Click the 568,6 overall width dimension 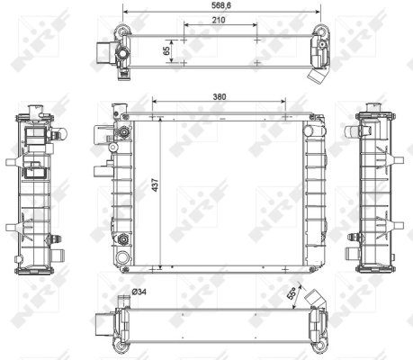(219, 4)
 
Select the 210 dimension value (219, 18)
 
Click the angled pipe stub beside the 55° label (314, 298)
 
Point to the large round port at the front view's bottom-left (121, 239)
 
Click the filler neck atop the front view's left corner (116, 112)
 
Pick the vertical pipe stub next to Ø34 (120, 301)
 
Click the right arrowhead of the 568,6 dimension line (321, 11)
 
